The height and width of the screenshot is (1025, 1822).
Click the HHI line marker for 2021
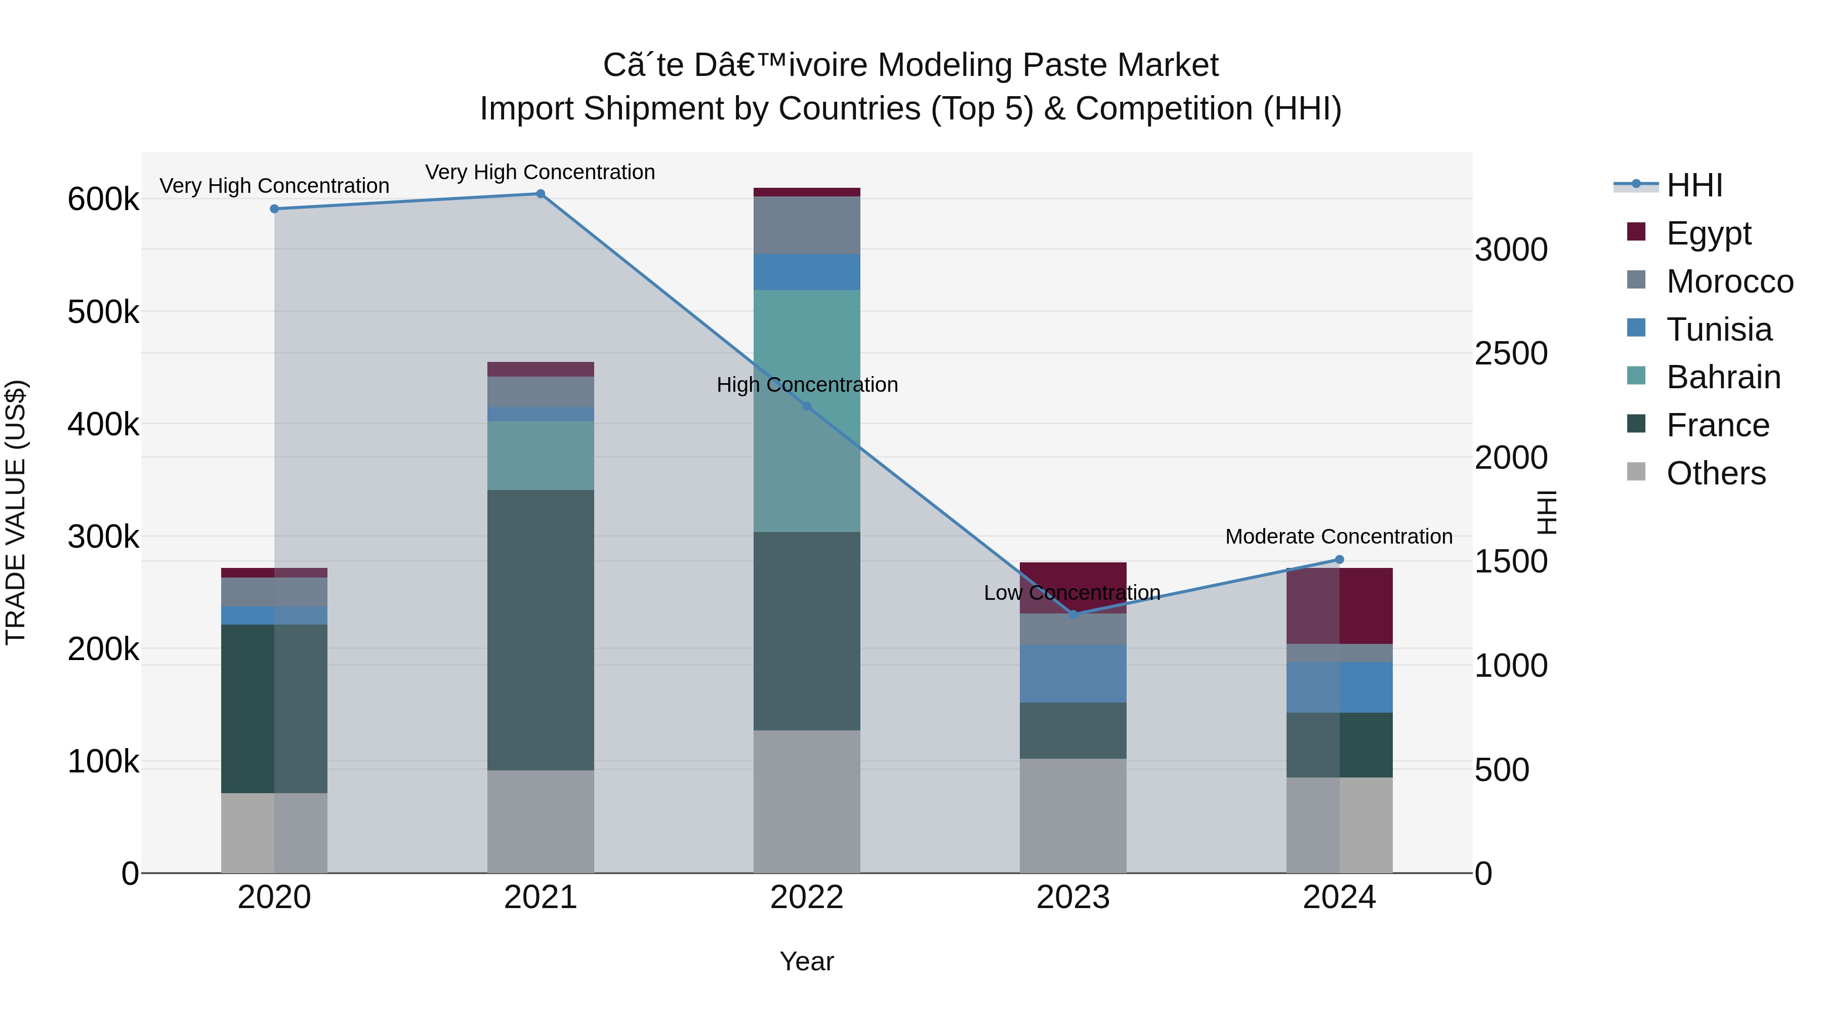[541, 194]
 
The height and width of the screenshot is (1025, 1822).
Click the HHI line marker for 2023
[1073, 614]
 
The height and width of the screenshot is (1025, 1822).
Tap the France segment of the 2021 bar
[541, 630]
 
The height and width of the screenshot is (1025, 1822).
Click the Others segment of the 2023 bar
[1073, 815]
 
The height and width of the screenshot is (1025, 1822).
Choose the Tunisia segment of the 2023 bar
[1073, 673]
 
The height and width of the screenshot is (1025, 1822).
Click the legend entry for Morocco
[1729, 281]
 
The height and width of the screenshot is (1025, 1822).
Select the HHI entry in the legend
[1694, 185]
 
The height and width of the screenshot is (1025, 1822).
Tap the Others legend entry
[1715, 473]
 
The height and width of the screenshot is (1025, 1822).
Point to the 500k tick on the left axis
[103, 312]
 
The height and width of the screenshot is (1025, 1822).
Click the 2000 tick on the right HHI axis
[1511, 458]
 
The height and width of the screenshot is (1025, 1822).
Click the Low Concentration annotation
[1071, 593]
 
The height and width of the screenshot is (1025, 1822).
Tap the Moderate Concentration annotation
[1338, 537]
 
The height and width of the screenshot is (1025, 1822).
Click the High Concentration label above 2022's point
[807, 385]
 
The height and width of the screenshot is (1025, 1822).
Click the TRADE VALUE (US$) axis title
[16, 512]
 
